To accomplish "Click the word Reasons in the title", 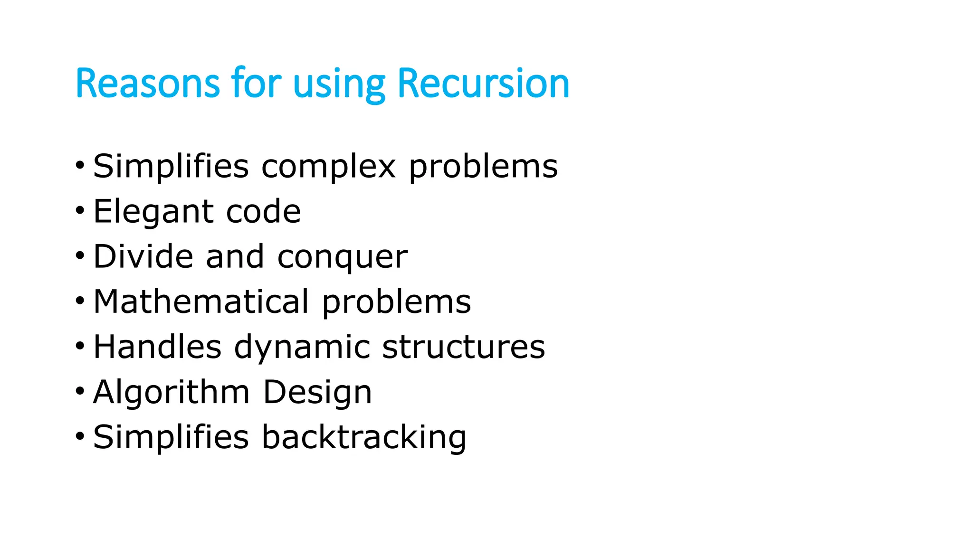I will [147, 84].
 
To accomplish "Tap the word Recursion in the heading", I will [483, 84].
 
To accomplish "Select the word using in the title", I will [339, 85].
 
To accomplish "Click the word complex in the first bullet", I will [328, 167].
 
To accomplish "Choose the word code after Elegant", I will [263, 211].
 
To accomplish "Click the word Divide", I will [143, 256].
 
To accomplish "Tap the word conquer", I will [342, 258].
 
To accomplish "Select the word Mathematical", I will [201, 302].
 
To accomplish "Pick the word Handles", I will [157, 347].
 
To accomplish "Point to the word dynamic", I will [302, 348].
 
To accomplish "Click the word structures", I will [463, 347].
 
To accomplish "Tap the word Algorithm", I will [171, 393].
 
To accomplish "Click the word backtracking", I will [364, 437].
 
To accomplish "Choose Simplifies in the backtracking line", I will [171, 437].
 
